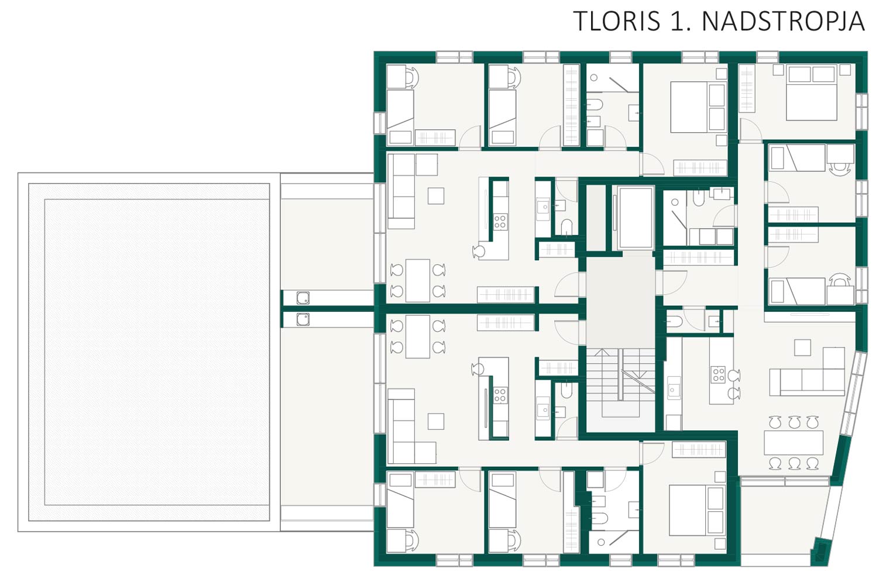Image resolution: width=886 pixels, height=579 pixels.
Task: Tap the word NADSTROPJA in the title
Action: click(783, 21)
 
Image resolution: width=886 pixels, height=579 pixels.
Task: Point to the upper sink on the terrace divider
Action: click(303, 298)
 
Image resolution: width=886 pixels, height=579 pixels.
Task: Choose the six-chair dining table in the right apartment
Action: click(794, 443)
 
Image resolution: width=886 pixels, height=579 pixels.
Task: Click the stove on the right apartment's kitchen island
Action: click(718, 374)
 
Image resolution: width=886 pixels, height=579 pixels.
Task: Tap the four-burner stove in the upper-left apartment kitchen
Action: click(500, 222)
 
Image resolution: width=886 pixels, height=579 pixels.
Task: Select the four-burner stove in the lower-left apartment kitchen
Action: click(500, 395)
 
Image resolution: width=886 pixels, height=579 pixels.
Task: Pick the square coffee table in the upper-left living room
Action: click(436, 196)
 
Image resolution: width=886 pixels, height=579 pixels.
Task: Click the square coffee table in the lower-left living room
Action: click(436, 421)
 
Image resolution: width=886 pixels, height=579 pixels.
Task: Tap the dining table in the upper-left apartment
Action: click(418, 281)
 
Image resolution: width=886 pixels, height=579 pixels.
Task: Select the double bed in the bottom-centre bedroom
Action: click(696, 510)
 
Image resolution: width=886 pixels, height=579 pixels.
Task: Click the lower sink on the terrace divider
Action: click(303, 319)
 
